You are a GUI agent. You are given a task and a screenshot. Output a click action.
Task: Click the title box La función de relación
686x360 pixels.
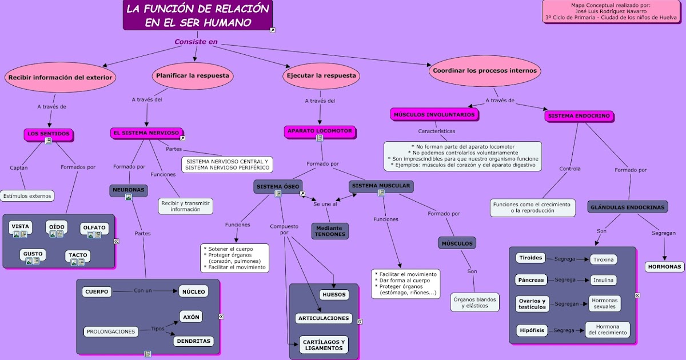tap(197, 15)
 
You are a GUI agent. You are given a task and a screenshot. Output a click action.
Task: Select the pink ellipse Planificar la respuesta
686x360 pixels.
tap(193, 75)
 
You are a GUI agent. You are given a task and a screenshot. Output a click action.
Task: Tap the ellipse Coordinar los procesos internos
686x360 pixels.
tap(485, 71)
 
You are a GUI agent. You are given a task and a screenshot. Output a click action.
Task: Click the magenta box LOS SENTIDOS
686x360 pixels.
tap(49, 134)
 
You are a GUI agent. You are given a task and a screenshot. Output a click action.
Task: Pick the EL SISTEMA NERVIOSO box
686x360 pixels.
tap(146, 133)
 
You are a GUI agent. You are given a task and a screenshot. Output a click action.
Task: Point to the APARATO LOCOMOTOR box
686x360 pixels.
tap(320, 131)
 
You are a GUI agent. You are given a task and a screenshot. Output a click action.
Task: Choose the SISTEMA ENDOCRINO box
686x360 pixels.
tap(579, 116)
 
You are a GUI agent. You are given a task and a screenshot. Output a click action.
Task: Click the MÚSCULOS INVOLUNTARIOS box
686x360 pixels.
tap(434, 115)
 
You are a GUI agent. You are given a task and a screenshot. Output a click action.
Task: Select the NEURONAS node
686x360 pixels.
tap(129, 190)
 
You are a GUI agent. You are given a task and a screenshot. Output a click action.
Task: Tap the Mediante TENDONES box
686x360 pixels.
tap(330, 231)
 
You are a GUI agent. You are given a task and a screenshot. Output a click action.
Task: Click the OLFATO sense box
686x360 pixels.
tap(94, 228)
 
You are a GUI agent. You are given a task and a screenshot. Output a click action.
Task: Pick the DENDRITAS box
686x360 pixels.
tap(194, 341)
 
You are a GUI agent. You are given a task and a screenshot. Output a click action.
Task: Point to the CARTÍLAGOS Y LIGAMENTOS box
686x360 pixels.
tap(324, 345)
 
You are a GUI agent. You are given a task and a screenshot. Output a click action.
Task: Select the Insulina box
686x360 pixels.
tap(603, 280)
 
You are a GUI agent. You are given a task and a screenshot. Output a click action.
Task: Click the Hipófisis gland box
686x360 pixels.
tap(531, 330)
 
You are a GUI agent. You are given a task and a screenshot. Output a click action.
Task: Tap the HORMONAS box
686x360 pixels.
tap(664, 267)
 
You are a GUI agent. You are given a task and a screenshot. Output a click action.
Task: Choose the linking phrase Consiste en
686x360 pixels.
tap(196, 42)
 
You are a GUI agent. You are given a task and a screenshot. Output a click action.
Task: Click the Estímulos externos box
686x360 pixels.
tap(27, 196)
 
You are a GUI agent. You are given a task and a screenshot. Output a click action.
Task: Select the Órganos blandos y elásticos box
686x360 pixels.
tap(474, 302)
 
